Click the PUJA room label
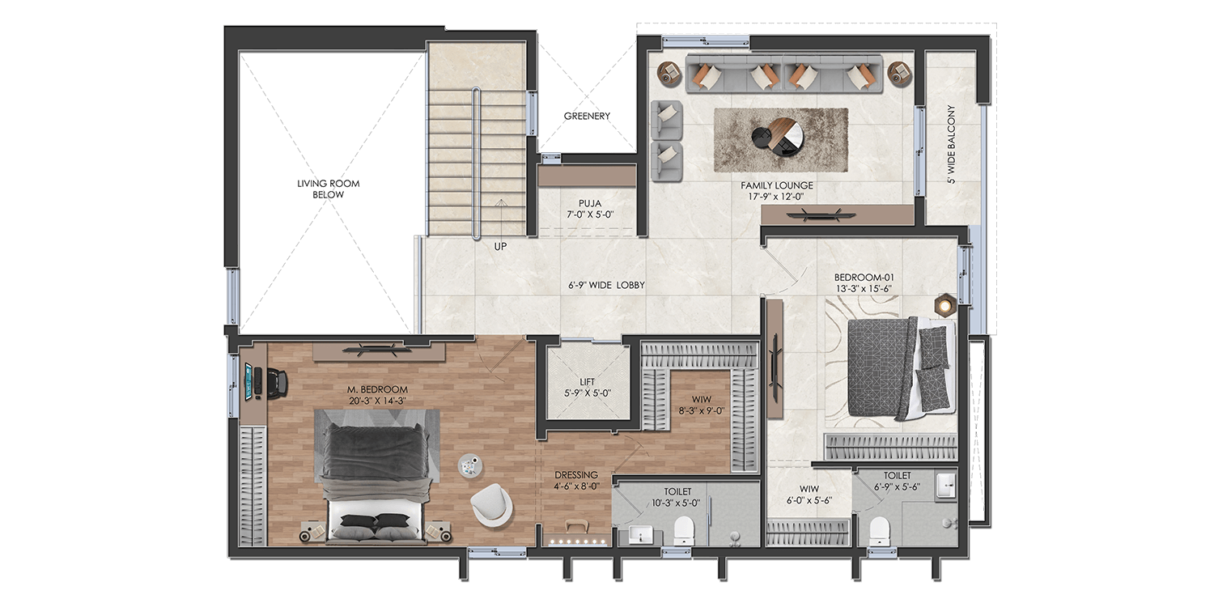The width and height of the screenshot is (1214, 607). click(588, 203)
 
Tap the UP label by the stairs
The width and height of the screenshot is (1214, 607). click(500, 246)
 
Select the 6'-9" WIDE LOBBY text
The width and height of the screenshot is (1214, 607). click(606, 285)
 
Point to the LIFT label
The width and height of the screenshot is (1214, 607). click(587, 381)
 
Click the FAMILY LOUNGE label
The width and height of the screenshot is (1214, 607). click(777, 185)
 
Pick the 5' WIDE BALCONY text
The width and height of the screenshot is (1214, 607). click(951, 145)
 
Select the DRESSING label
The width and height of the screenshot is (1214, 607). click(576, 475)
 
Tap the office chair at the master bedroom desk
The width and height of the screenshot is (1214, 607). click(274, 382)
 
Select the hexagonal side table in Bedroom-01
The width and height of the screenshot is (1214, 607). click(944, 304)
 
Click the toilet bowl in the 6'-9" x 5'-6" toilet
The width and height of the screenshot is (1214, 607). click(878, 531)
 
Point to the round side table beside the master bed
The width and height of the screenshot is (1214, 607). click(469, 465)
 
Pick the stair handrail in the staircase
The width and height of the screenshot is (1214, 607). click(477, 162)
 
